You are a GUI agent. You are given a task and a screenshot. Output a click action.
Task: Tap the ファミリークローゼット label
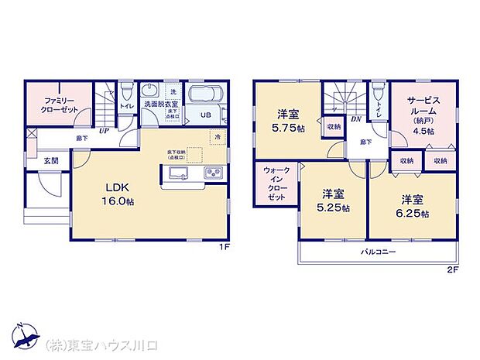tap(58, 105)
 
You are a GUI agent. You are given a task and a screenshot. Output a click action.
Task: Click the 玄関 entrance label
tap(50, 161)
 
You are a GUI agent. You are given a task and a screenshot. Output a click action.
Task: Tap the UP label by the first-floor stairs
tap(103, 131)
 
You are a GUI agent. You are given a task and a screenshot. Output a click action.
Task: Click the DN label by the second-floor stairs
tap(357, 119)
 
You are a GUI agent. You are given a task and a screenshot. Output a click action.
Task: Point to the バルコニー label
tap(378, 253)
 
